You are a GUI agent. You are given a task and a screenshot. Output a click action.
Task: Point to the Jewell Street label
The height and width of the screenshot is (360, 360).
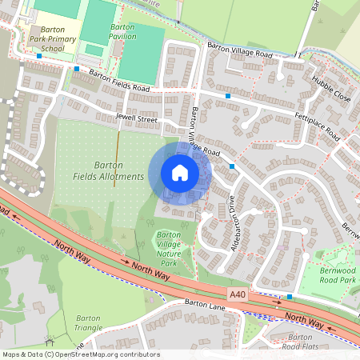137,118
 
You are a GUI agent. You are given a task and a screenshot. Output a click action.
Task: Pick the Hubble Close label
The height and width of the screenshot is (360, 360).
330,87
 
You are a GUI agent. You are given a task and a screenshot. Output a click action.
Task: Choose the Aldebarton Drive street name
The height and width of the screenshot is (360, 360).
235,230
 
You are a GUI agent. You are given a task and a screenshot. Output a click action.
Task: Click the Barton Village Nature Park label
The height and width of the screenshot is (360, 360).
169,248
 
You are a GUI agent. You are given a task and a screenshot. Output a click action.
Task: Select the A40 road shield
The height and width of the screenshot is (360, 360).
237,295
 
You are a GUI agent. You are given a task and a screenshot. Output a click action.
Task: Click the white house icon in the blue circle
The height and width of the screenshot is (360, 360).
180,173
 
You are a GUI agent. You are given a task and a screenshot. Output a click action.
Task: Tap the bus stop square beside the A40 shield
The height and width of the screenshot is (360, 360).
290,297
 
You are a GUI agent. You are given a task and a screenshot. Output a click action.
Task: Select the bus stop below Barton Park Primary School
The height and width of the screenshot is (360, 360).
38,56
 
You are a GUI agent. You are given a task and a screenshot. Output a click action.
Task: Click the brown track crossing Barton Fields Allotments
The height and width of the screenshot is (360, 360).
116,160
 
